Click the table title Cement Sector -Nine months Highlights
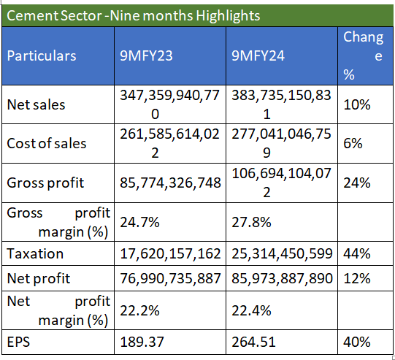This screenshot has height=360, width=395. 134,15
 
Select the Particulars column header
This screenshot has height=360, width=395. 42,55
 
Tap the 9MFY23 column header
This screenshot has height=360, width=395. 146,55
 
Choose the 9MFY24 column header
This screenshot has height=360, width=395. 258,55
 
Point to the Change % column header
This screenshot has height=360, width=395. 364,55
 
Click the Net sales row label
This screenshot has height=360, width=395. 36,104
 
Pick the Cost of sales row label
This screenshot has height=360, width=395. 47,143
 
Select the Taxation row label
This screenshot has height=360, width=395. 35,253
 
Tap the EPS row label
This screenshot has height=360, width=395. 18,342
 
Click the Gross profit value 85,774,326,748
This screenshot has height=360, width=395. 170,183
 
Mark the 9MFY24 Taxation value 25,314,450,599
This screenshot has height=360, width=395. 282,253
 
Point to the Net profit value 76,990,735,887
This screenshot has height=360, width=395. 170,278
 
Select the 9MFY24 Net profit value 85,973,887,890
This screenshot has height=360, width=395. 282,278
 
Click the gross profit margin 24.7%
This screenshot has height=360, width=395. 139,222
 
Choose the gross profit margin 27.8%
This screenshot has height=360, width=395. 251,222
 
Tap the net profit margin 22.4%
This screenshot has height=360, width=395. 251,310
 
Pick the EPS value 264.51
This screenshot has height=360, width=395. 253,342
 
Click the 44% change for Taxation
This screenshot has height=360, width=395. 357,253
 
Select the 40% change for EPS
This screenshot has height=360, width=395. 357,342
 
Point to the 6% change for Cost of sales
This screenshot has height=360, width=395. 353,143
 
